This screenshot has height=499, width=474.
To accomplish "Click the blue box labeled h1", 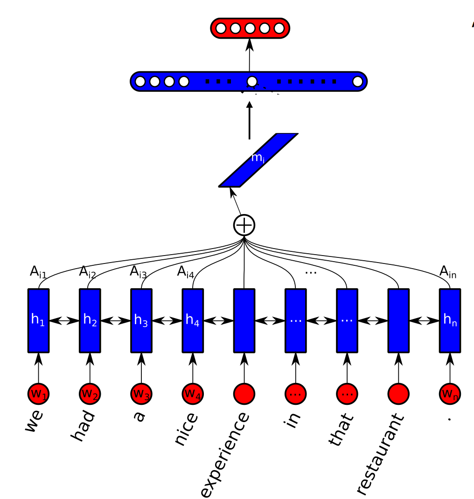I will click(x=38, y=320).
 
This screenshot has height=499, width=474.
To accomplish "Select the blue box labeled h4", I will click(x=193, y=320).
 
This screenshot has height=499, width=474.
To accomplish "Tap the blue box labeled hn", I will click(x=450, y=320).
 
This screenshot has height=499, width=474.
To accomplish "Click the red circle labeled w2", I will click(x=90, y=394).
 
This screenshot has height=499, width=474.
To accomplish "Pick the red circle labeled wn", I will click(x=450, y=394).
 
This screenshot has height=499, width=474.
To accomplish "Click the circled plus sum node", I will click(x=244, y=225).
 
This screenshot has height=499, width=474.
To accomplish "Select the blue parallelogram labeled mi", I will click(x=258, y=160).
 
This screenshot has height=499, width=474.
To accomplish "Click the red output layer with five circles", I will click(x=250, y=28).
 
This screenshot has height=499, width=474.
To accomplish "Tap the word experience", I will click(x=225, y=455).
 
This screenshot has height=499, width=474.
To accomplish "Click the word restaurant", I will click(x=380, y=452).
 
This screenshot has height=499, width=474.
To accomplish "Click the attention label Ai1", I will click(x=38, y=272).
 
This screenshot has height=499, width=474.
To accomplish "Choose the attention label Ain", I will click(x=448, y=271).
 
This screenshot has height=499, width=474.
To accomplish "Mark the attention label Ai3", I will click(x=138, y=272).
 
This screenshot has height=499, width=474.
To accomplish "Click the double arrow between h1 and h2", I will click(x=64, y=320).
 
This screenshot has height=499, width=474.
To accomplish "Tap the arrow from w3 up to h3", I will click(x=141, y=367).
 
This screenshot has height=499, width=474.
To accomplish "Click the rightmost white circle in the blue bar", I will click(x=357, y=82).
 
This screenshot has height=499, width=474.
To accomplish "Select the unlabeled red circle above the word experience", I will click(x=244, y=394).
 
